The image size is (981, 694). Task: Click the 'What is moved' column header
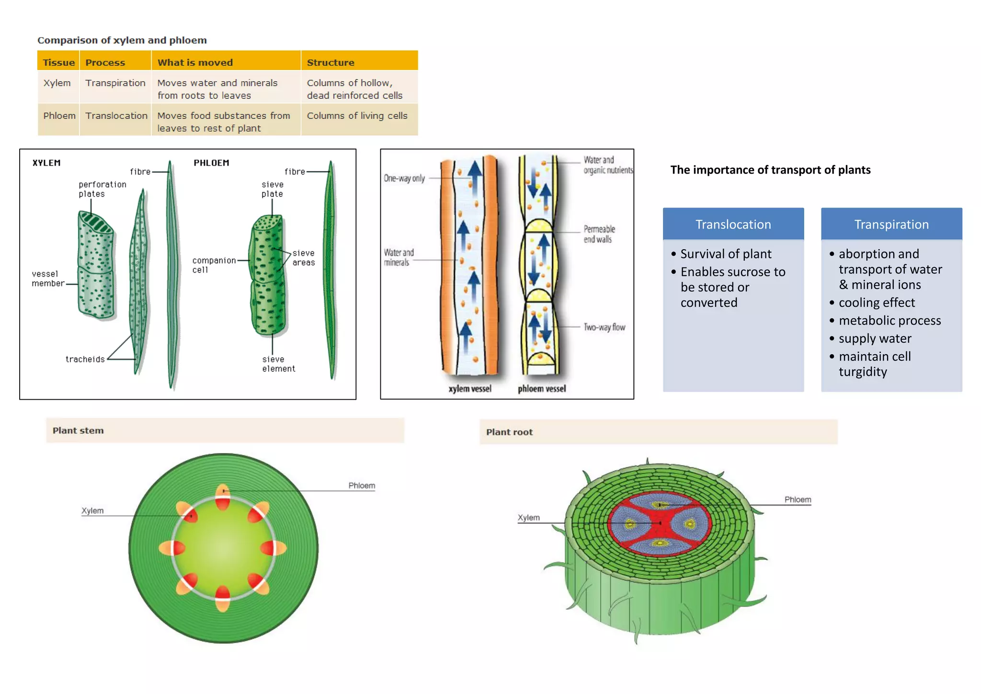click(195, 62)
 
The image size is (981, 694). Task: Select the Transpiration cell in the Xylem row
click(115, 83)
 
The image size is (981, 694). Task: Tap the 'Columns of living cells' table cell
click(357, 116)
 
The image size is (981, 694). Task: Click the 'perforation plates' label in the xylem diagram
click(102, 189)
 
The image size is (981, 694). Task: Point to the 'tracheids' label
click(85, 359)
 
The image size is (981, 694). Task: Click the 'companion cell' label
click(214, 265)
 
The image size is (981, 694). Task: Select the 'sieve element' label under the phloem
click(278, 364)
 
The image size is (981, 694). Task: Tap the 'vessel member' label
click(47, 278)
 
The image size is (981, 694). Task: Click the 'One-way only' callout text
click(404, 178)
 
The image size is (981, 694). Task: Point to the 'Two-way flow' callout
click(604, 327)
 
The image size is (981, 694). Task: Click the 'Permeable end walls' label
click(599, 234)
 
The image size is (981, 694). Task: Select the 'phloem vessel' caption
click(541, 389)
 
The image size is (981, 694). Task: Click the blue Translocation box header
click(733, 224)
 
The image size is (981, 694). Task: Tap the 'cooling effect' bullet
click(876, 302)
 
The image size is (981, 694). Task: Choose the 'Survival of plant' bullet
click(725, 254)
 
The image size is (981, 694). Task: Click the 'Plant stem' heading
click(78, 430)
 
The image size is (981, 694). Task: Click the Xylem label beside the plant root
click(528, 518)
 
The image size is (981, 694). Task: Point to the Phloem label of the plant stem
click(361, 486)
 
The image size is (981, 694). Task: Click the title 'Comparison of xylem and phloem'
click(122, 40)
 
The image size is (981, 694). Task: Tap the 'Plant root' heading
click(509, 432)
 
